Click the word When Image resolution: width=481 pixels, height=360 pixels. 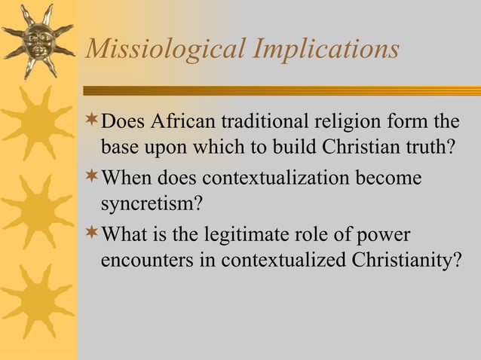pyautogui.click(x=126, y=179)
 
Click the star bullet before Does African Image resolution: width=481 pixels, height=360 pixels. pyautogui.click(x=92, y=121)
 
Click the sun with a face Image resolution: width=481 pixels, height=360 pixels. pyautogui.click(x=38, y=40)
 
